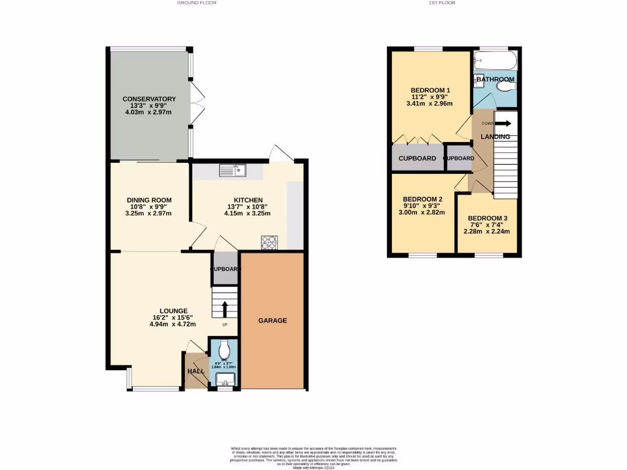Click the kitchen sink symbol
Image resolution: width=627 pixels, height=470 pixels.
pyautogui.click(x=232, y=171)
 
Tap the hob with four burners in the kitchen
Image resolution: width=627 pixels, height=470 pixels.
pyautogui.click(x=269, y=242)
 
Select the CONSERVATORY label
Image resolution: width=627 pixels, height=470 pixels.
pyautogui.click(x=149, y=99)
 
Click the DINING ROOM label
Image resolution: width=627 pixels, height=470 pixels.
pyautogui.click(x=149, y=200)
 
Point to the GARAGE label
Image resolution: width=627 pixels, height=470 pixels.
pyautogui.click(x=272, y=321)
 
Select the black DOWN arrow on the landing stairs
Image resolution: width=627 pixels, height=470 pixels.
pyautogui.click(x=506, y=123)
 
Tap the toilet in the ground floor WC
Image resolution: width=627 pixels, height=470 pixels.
pyautogui.click(x=225, y=349)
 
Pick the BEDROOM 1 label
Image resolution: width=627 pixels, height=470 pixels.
pyautogui.click(x=430, y=91)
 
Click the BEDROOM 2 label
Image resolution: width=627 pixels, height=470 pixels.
pyautogui.click(x=422, y=200)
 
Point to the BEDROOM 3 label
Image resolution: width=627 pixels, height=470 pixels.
pyautogui.click(x=487, y=218)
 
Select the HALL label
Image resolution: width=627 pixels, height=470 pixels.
pyautogui.click(x=196, y=371)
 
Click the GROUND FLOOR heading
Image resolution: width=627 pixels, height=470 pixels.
pyautogui.click(x=197, y=3)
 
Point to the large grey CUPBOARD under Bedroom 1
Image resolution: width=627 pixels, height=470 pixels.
pyautogui.click(x=417, y=159)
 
